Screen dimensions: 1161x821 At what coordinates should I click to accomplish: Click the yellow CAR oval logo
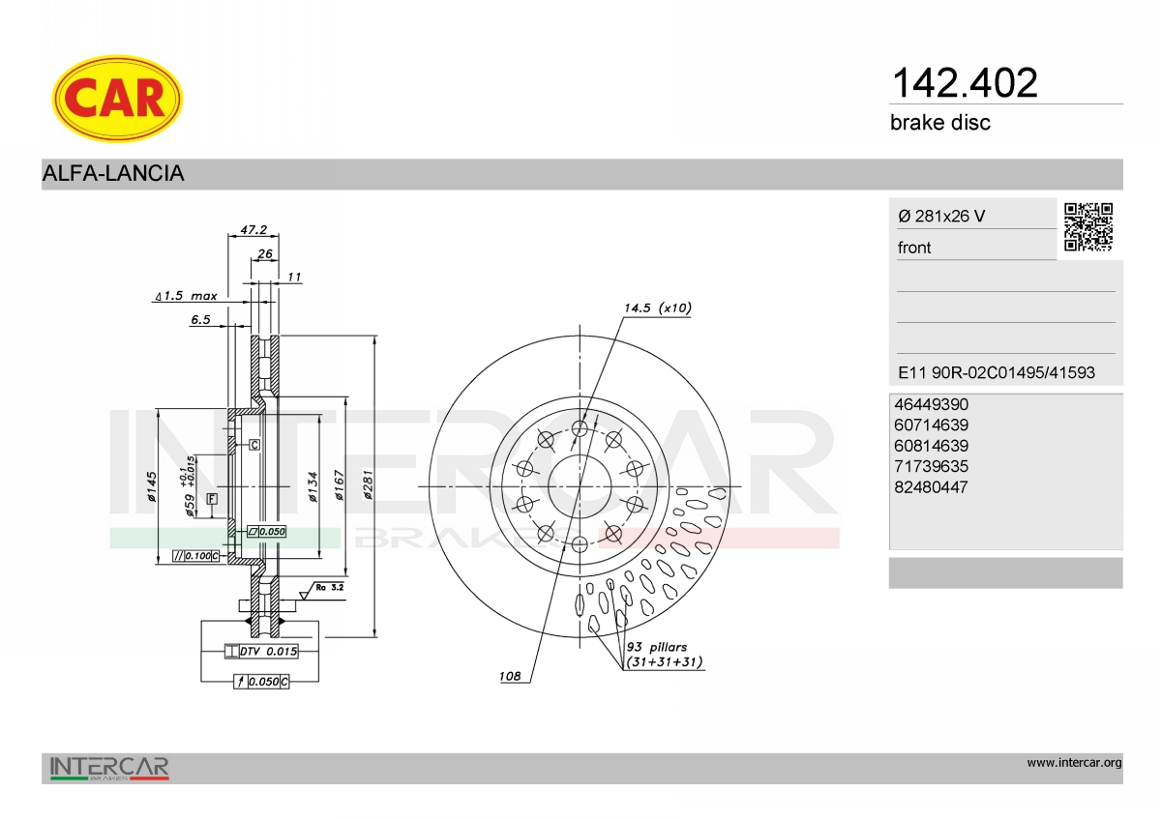pos(117,99)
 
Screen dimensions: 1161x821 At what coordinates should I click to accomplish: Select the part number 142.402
pos(965,83)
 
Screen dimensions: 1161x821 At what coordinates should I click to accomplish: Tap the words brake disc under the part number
pos(940,123)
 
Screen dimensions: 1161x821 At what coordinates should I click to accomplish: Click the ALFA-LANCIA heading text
pos(113,173)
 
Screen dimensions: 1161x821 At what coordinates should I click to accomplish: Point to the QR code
pos(1087,227)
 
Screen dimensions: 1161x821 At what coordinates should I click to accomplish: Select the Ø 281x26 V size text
pos(941,216)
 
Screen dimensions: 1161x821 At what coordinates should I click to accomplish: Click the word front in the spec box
pos(914,248)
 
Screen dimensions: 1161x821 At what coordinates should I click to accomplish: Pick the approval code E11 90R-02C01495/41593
pos(997,372)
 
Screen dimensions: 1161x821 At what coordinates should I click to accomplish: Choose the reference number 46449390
pos(931,404)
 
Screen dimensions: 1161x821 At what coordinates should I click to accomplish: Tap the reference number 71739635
pos(931,466)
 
